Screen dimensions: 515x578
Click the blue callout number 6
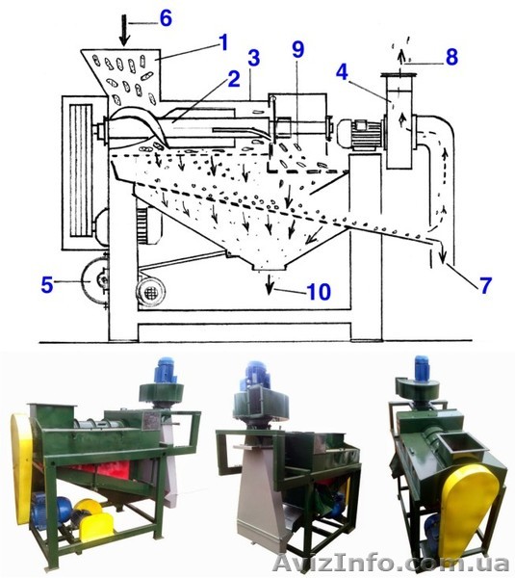166,18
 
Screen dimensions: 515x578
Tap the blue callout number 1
223,42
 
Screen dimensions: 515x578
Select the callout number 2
234,79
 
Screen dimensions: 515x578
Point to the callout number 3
254,58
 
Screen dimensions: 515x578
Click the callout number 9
298,49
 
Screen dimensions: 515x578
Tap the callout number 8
451,57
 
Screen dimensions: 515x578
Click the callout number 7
485,285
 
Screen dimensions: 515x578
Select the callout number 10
319,292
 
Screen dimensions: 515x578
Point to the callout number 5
47,284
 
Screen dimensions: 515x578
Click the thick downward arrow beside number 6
125,31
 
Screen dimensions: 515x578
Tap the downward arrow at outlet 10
270,285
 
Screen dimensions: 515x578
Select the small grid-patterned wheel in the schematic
150,293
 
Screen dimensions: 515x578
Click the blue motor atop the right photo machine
422,368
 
